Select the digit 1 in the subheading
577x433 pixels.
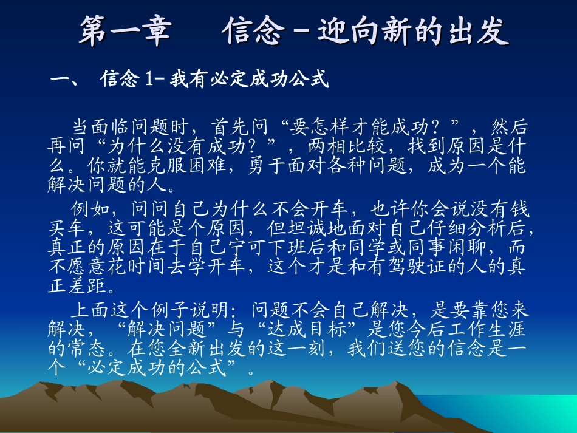(148, 80)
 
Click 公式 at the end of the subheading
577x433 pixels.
(313, 80)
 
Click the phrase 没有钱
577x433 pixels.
(504, 210)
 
